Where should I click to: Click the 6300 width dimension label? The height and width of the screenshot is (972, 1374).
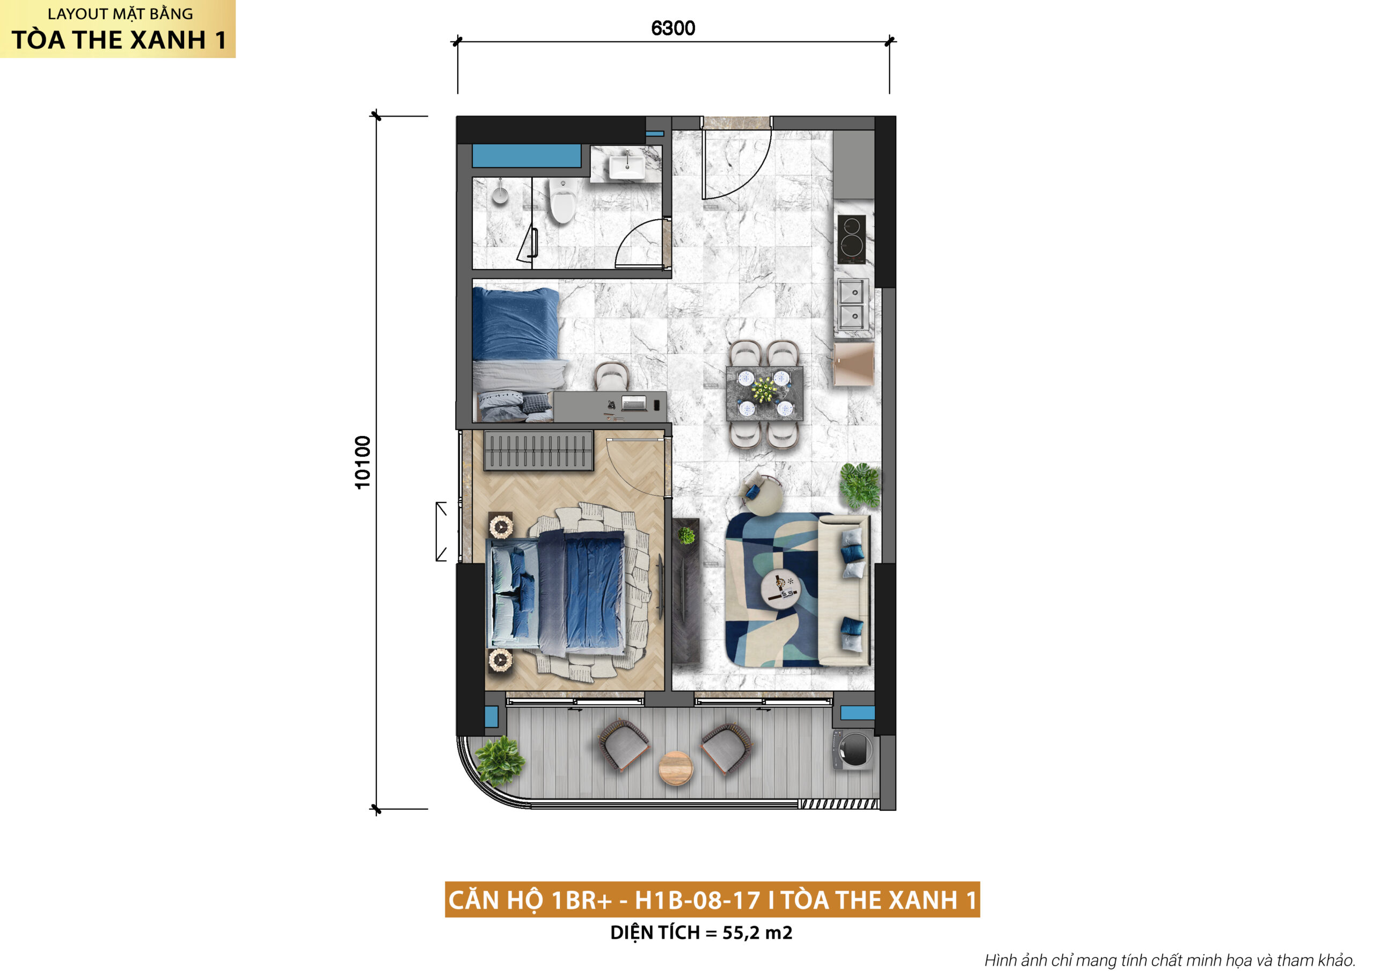click(x=673, y=28)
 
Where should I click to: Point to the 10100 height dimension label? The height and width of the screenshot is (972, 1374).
click(x=363, y=462)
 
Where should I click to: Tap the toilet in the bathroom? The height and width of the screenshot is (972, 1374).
click(x=562, y=200)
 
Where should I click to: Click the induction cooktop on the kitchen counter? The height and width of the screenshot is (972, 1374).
click(x=851, y=240)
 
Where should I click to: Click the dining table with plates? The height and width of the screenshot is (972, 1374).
click(x=764, y=393)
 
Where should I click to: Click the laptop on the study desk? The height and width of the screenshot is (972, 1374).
click(x=634, y=403)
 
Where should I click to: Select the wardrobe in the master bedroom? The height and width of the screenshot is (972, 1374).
click(x=538, y=451)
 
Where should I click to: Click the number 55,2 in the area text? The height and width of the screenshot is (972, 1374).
click(x=741, y=932)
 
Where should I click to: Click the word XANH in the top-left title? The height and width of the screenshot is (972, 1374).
click(x=168, y=40)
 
